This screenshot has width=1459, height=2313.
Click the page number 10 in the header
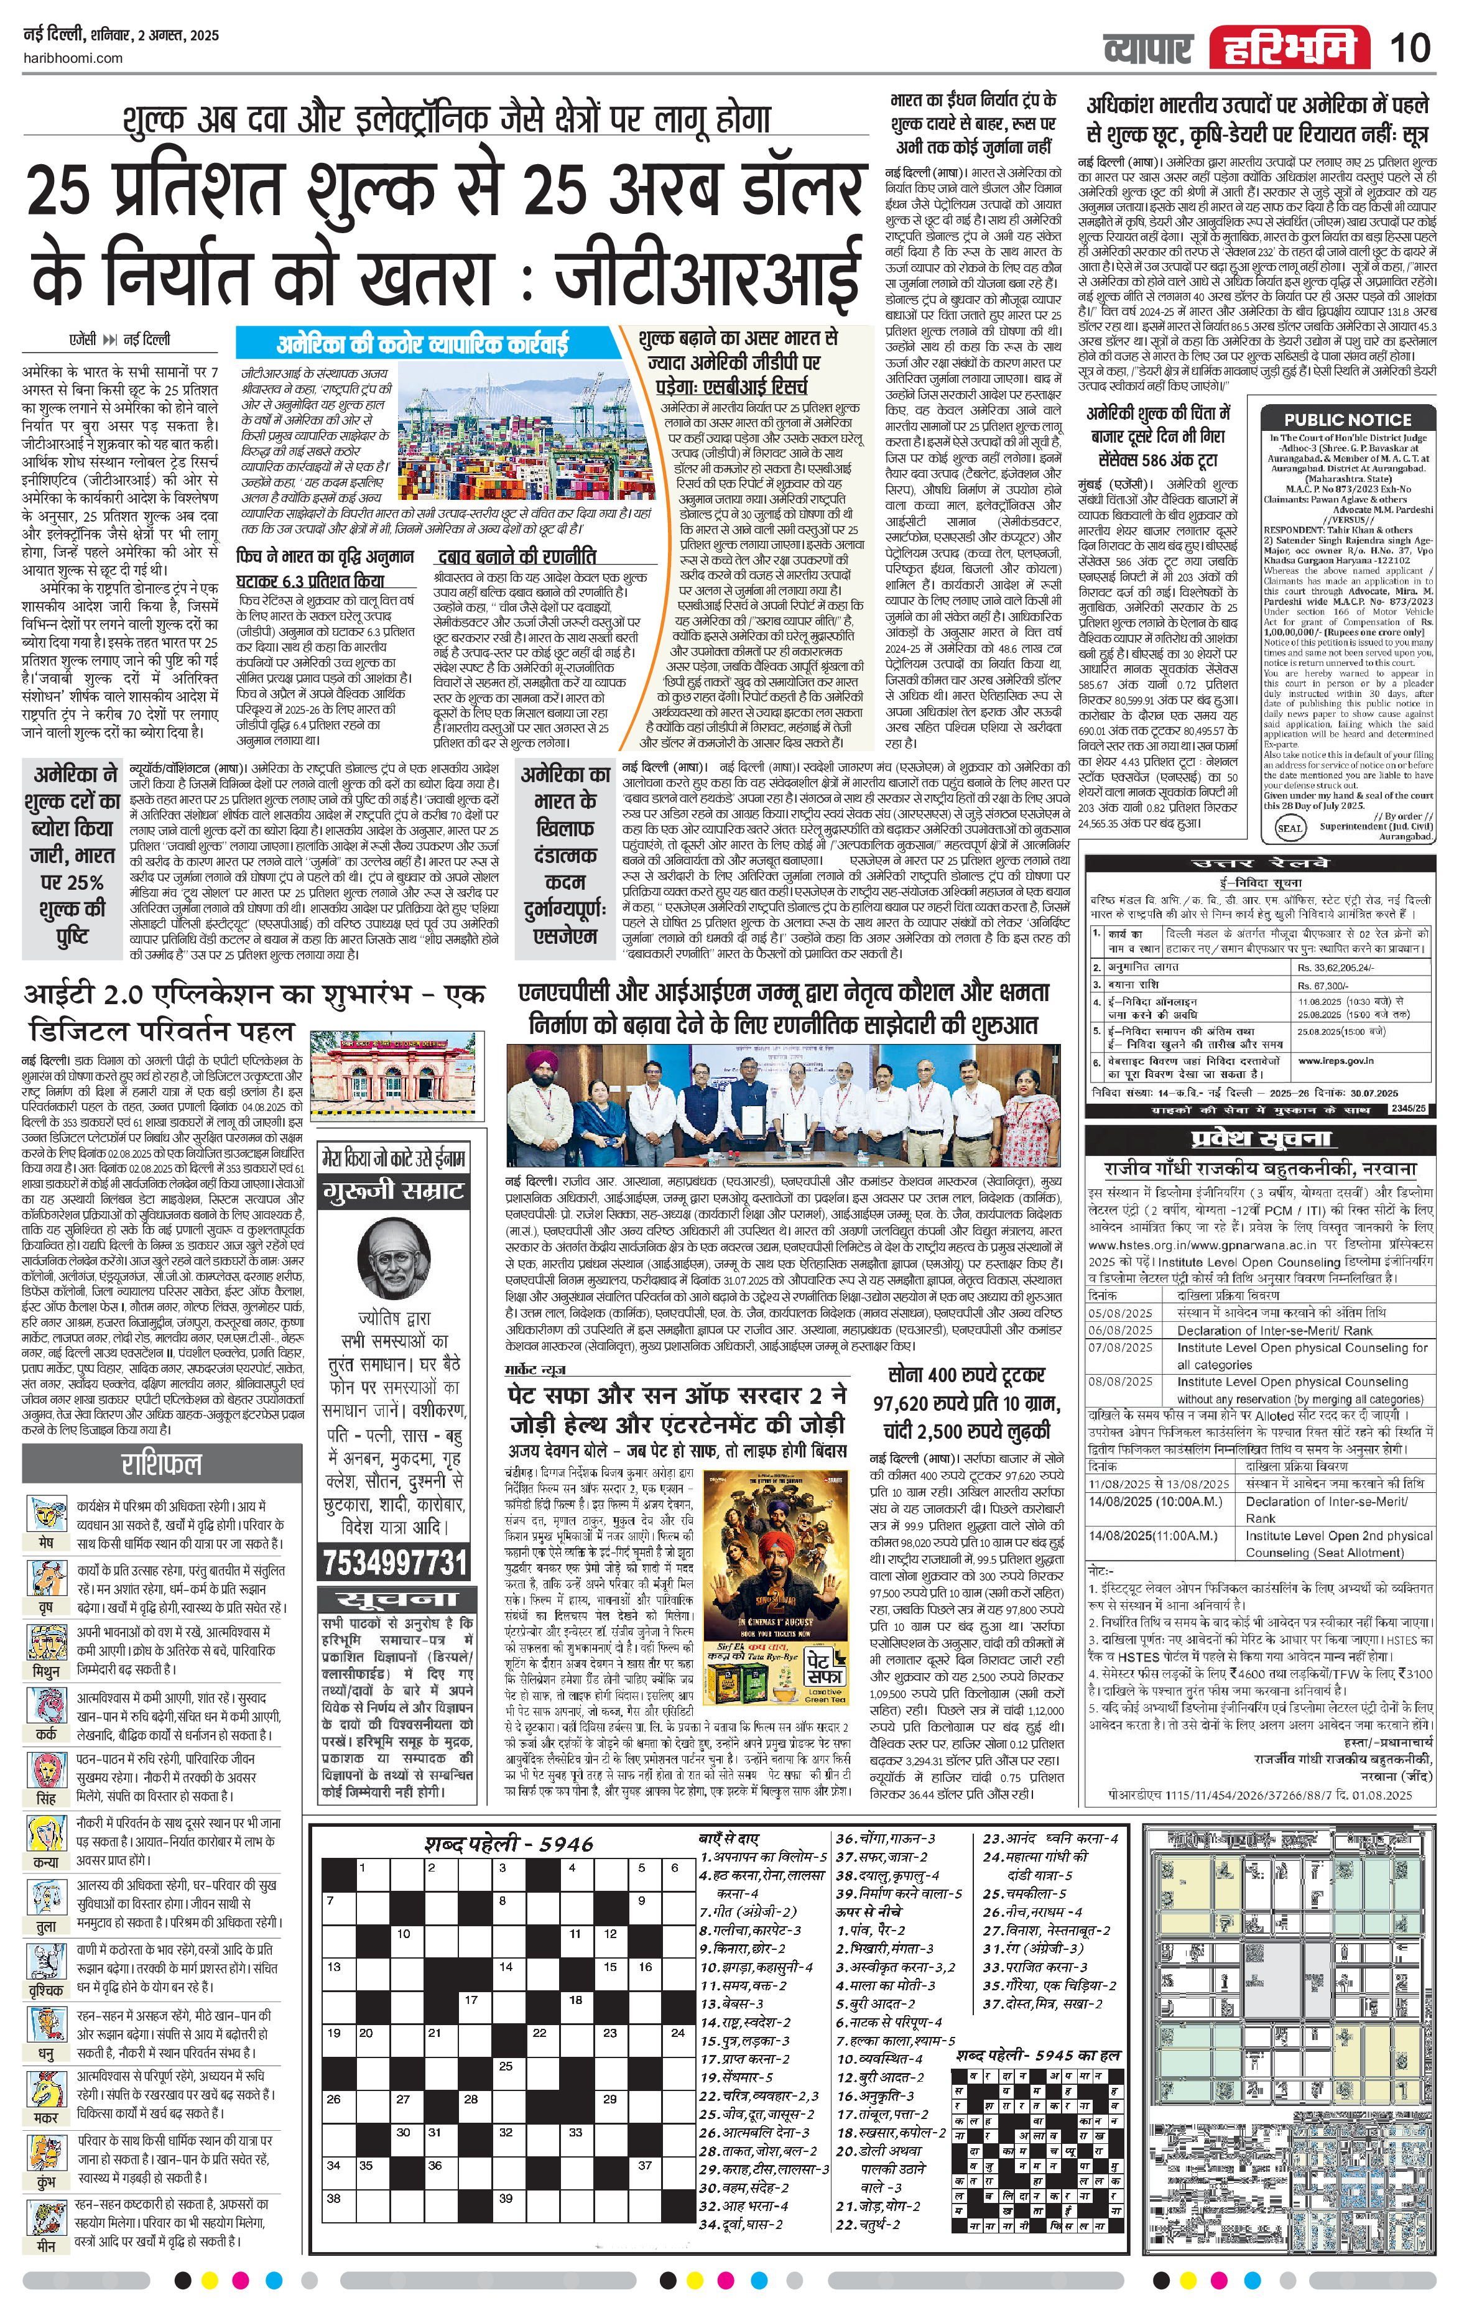point(1409,47)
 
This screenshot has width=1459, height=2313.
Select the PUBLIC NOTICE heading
point(1348,419)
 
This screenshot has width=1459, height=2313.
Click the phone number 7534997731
point(395,1563)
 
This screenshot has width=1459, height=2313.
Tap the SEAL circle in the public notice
point(1289,827)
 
